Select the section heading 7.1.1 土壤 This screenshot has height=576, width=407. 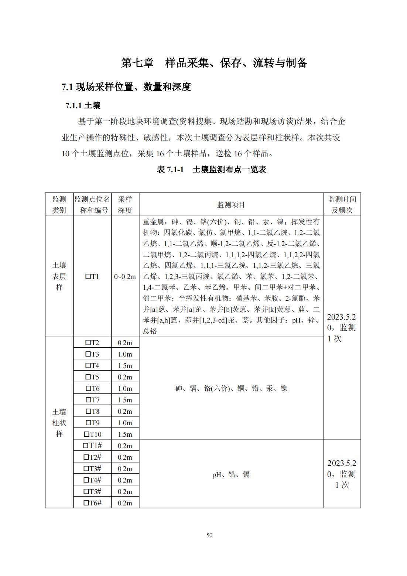click(83, 106)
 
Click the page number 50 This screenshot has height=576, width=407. click(209, 535)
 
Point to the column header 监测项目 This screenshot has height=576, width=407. click(231, 205)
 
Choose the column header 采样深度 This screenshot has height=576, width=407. click(125, 205)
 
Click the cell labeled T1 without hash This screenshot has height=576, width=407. click(92, 276)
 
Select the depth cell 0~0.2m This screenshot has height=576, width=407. click(125, 276)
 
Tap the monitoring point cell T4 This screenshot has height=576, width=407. click(92, 365)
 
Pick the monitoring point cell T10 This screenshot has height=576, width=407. click(92, 434)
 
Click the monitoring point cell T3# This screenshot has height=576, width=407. click(92, 468)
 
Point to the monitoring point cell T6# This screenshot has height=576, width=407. click(92, 503)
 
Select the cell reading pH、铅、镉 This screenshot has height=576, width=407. click(231, 474)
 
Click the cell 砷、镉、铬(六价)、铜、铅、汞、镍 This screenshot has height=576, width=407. click(231, 388)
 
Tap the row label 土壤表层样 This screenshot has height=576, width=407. click(59, 276)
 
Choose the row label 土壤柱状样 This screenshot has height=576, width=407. click(59, 423)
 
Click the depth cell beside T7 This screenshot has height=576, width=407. click(125, 400)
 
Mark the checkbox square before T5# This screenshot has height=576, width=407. click(86, 491)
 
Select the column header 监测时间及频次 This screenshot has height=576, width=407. click(342, 205)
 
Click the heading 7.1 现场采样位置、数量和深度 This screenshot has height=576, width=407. click(126, 87)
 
